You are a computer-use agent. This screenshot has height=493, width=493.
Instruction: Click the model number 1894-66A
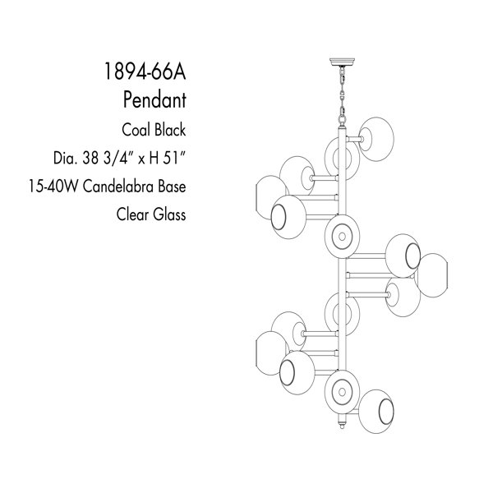click(145, 71)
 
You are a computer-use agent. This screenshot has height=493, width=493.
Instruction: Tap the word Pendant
click(154, 99)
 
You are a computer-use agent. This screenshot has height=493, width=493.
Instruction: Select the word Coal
click(136, 130)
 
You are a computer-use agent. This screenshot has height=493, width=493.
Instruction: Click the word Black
click(170, 130)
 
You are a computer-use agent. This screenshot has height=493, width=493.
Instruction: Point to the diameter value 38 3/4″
click(109, 158)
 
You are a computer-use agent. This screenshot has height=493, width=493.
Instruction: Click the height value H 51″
click(166, 158)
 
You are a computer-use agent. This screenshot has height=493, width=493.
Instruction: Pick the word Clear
click(132, 214)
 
